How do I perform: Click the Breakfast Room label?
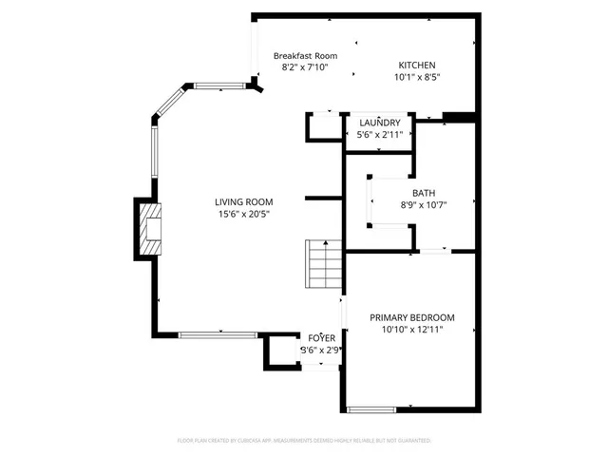[305, 56]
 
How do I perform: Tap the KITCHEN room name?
[417, 65]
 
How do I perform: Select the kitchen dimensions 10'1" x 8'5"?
[417, 78]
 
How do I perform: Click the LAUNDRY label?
[380, 123]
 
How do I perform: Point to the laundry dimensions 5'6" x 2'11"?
[380, 135]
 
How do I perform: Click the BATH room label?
[423, 192]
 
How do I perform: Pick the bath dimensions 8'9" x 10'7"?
[423, 204]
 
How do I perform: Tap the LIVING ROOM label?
[243, 201]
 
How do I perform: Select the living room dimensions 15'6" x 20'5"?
[243, 215]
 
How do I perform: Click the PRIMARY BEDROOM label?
[412, 317]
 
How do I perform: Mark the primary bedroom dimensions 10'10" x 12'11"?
[412, 330]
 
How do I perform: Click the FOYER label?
[321, 337]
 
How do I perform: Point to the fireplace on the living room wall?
[147, 228]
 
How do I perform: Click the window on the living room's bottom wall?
[218, 333]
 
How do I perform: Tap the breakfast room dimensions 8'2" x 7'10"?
[305, 68]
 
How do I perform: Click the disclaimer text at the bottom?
[304, 441]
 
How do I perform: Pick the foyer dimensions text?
[321, 350]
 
